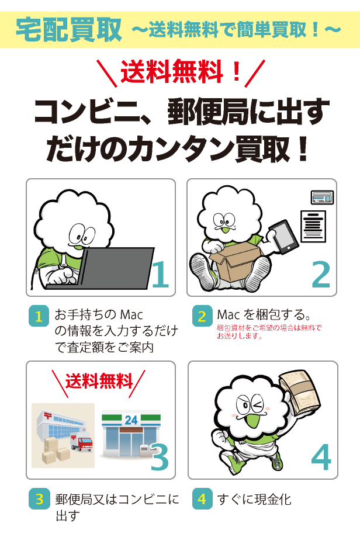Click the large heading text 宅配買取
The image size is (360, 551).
coord(69,30)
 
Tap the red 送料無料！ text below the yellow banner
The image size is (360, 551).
coord(181,72)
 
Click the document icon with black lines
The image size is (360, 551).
coord(313,226)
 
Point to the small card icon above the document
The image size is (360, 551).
coord(322,197)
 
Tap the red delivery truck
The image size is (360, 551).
coord(82,443)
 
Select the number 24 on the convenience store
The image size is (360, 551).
coord(131,420)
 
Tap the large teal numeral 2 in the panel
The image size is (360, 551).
coord(321,275)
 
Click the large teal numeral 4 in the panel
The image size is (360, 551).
coord(321,457)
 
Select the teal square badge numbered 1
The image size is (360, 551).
coord(39,316)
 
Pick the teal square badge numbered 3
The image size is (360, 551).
coord(39,498)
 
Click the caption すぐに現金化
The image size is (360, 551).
coord(254,500)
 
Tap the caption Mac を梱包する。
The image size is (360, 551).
coord(264,314)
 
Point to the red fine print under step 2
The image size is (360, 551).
coord(269,332)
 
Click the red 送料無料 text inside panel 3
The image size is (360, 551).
coord(99,382)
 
